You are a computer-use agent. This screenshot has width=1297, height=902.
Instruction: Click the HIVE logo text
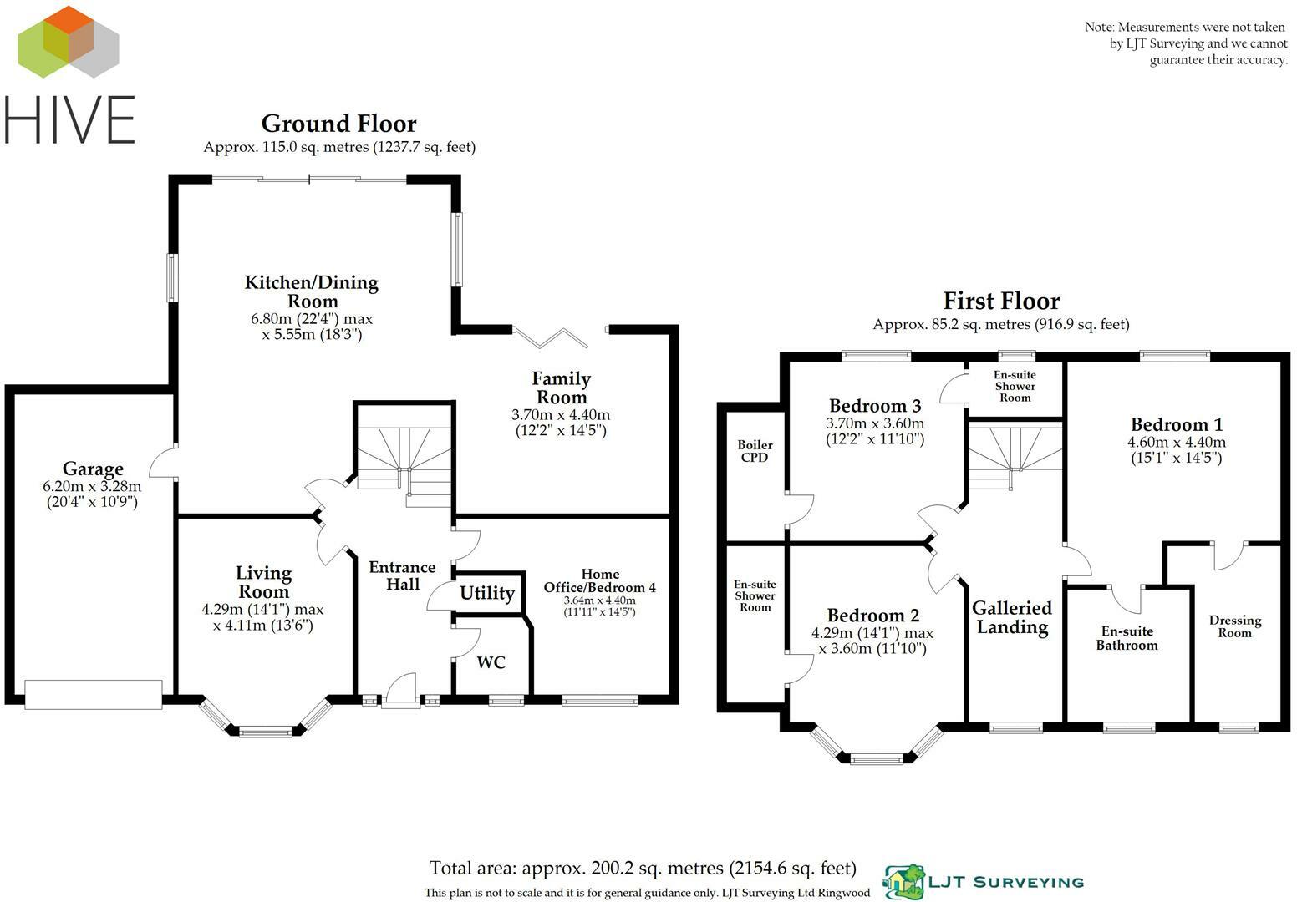70,120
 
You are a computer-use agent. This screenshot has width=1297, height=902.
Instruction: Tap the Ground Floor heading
338,124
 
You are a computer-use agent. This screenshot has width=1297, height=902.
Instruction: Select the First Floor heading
1000,301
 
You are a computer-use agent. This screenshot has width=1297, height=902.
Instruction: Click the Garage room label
93,469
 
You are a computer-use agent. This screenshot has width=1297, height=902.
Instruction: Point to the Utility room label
486,593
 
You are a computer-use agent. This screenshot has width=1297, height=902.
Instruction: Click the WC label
491,662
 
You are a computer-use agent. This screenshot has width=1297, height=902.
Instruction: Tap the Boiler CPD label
755,451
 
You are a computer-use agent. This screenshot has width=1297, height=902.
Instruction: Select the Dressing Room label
1234,626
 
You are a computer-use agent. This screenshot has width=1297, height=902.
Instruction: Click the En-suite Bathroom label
1127,638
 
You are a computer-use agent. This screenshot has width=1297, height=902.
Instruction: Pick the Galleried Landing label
1012,617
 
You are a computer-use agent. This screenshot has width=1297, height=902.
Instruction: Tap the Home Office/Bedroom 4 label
599,580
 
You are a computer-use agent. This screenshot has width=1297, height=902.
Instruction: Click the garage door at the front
93,694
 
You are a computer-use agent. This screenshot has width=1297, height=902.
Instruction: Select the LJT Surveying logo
984,882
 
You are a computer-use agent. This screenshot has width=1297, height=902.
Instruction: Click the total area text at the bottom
643,869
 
